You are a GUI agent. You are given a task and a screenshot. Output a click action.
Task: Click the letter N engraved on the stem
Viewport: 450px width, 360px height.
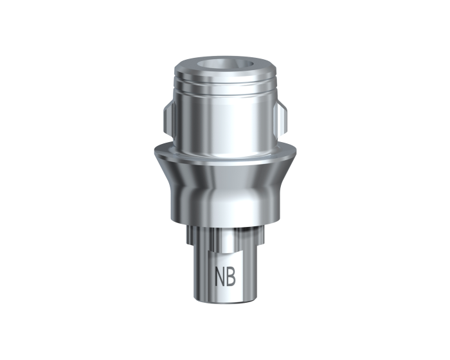(x=220, y=276)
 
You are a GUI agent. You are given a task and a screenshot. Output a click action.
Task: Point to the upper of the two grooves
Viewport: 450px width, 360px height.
(x=225, y=80)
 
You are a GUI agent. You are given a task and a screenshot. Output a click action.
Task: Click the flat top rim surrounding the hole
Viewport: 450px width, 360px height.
(x=225, y=62)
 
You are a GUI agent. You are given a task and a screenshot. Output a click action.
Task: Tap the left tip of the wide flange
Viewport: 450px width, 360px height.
(x=154, y=152)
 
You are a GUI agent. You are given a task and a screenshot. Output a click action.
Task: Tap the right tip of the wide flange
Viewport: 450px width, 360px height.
(x=295, y=152)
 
